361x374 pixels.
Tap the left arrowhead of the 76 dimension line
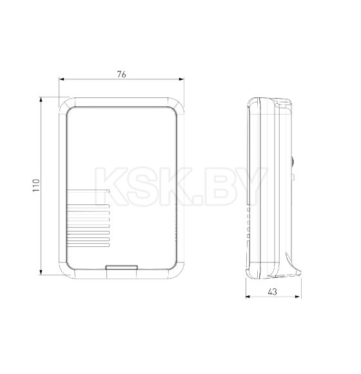click(x=62, y=80)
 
